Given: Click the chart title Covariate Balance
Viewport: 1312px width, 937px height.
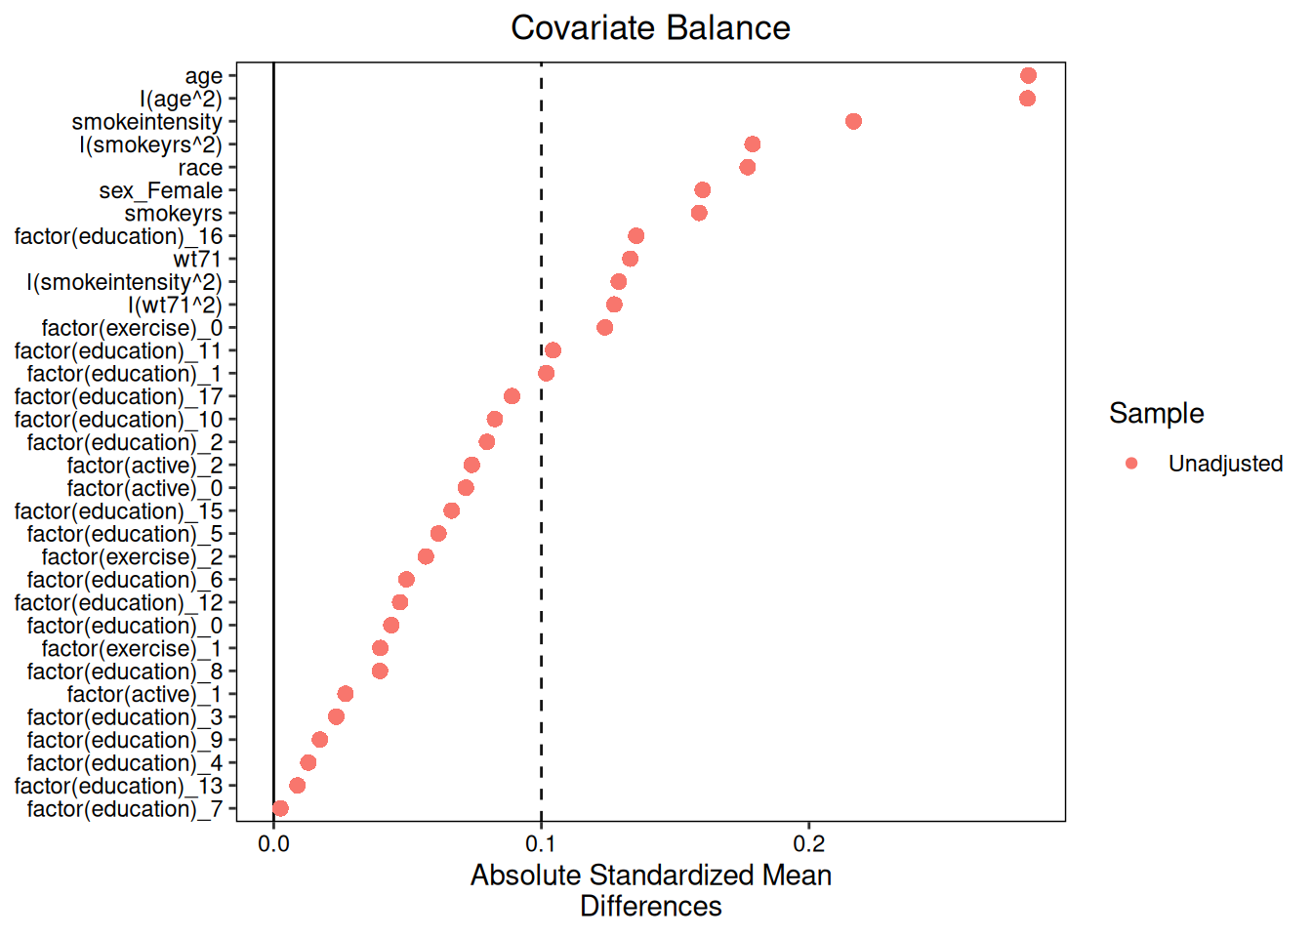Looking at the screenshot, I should [650, 27].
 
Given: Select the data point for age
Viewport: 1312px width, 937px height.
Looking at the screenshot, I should [1028, 76].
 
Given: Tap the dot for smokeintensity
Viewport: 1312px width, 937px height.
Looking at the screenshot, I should [853, 122].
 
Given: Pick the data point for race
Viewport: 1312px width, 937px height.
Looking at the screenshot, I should [747, 168].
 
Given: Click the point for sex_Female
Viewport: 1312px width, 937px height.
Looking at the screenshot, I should [702, 190].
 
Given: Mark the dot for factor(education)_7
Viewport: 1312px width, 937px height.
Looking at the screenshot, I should [280, 808].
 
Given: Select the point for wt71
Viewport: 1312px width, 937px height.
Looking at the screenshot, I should [630, 259].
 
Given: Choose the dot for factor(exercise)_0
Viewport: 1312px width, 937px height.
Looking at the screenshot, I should [604, 328].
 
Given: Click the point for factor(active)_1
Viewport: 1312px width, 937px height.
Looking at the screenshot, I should [345, 694].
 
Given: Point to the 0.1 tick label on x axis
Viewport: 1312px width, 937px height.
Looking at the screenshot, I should [541, 844].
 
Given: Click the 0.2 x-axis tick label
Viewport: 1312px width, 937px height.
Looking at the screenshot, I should [808, 844].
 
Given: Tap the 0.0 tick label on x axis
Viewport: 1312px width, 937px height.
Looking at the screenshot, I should [273, 844].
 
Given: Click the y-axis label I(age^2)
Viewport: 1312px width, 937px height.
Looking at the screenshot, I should [181, 100].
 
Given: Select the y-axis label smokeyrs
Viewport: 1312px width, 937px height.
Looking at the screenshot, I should [173, 214].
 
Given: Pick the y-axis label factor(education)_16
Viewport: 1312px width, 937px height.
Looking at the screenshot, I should [118, 236].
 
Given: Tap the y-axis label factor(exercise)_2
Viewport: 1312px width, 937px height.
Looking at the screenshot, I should [132, 557].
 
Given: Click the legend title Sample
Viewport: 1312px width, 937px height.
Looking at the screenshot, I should [1156, 413].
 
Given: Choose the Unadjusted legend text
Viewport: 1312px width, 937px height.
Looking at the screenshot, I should [1225, 464].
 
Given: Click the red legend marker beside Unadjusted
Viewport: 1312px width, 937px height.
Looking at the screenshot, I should [1131, 464].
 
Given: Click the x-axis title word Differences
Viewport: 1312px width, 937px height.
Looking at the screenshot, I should [650, 907].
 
